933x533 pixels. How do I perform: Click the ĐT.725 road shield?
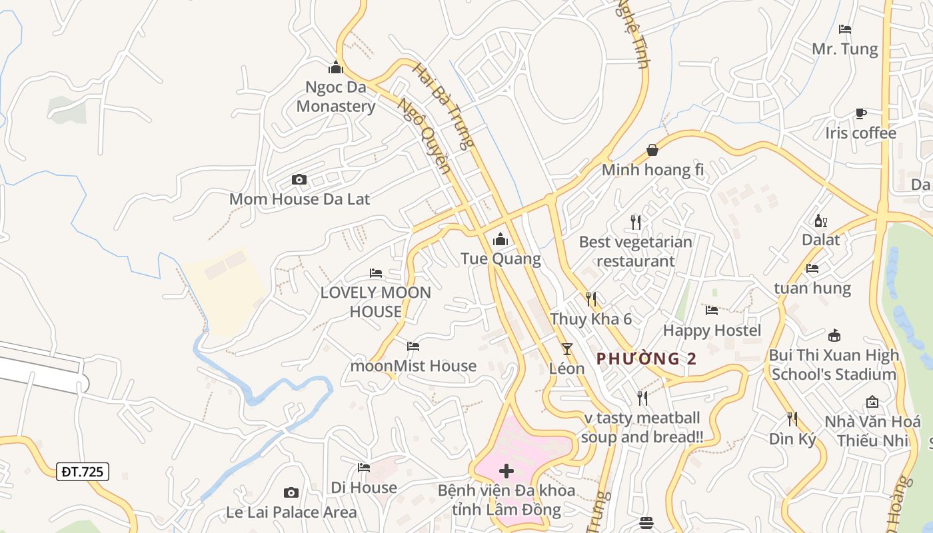[x=83, y=472]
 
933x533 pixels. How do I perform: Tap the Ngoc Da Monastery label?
[x=336, y=97]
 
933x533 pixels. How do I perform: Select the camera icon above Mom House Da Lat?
[x=299, y=179]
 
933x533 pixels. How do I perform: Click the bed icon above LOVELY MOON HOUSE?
[x=376, y=273]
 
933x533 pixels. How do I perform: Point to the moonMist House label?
[x=413, y=366]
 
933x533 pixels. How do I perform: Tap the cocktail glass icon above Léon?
[x=566, y=348]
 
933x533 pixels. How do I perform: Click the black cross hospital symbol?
[x=506, y=472]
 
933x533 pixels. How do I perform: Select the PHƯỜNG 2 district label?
[x=646, y=358]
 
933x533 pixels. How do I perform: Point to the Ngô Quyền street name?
[x=424, y=135]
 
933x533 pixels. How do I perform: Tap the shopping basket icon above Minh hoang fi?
[x=652, y=150]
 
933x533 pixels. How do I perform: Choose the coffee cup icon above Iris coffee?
[x=861, y=113]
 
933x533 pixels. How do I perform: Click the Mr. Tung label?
[x=844, y=49]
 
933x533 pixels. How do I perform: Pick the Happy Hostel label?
[x=712, y=330]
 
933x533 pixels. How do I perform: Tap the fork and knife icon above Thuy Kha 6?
[x=590, y=299]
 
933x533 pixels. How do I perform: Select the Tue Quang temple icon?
[x=500, y=239]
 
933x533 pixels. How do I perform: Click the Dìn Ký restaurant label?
[x=792, y=439]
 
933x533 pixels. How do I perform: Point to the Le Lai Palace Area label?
[x=291, y=512]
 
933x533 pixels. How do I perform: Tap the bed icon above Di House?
[x=364, y=468]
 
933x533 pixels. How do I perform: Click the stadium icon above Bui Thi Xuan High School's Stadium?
[x=834, y=334]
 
